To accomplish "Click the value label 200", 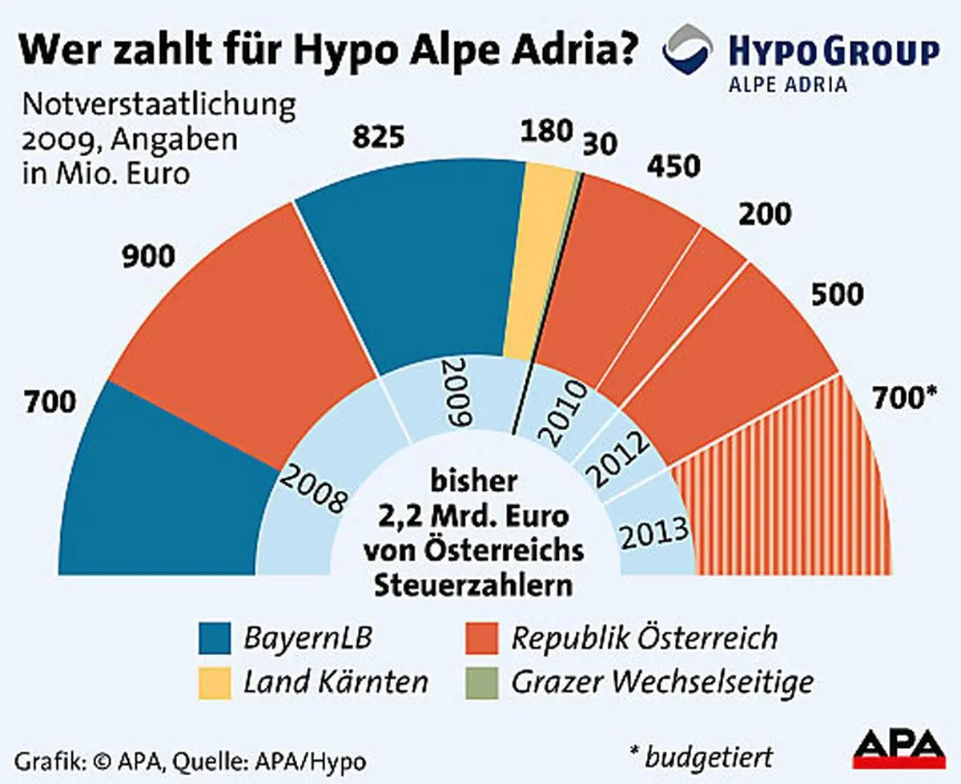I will (x=764, y=215).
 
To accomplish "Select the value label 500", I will (x=836, y=294).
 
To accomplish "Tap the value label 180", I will (x=546, y=131).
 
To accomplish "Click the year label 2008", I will (x=313, y=488).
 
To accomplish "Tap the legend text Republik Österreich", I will (x=644, y=639).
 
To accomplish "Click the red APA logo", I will (x=898, y=750).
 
